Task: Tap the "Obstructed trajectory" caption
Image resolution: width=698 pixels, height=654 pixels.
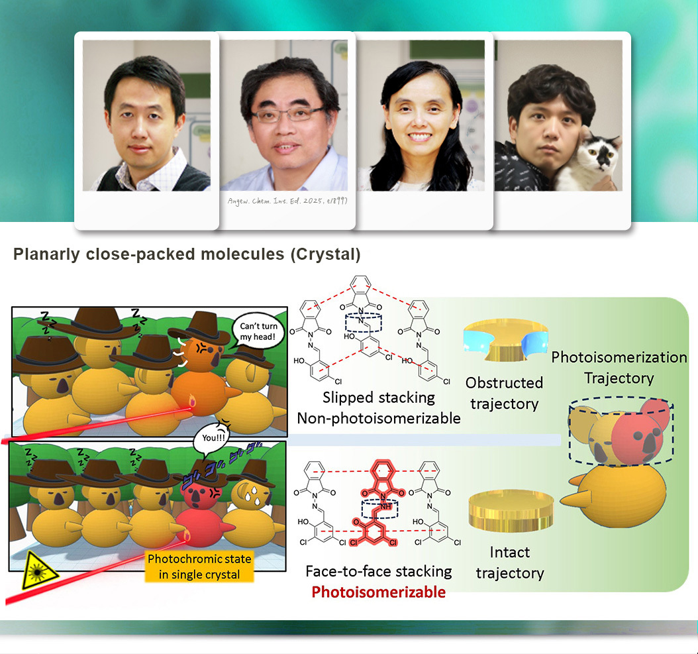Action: [x=504, y=392]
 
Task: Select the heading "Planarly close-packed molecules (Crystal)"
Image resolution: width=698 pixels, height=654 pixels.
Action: [x=187, y=254]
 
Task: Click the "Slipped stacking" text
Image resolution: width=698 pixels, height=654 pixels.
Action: [x=379, y=398]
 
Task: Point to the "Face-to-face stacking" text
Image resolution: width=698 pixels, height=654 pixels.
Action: [x=379, y=571]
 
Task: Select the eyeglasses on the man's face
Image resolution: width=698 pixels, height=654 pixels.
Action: [x=282, y=115]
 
